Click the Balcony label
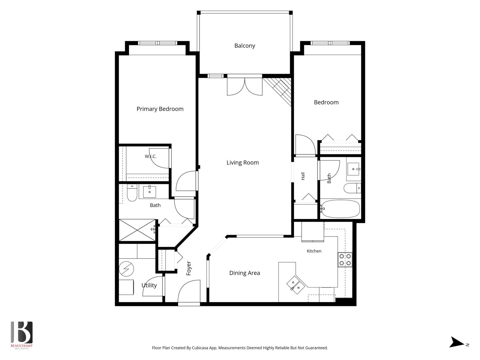coord(245,46)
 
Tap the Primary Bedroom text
coord(160,109)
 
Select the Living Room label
coord(242,162)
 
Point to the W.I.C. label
coord(151,156)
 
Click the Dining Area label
coord(244,273)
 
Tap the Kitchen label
coord(314,251)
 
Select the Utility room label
coord(149,285)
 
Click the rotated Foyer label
coord(188,268)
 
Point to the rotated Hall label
coord(303,176)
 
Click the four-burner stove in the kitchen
coord(345,259)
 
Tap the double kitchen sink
coord(296,285)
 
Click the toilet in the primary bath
coord(132,193)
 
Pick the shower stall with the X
coord(137,230)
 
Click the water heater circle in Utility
coord(126,269)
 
